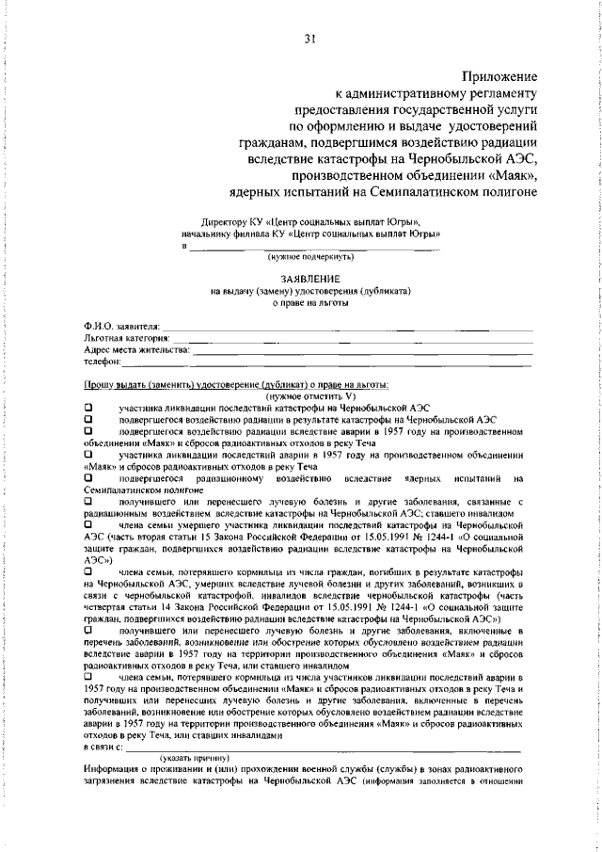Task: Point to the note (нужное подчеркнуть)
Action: click(309, 256)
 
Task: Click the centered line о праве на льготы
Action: click(309, 302)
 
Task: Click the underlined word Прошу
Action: click(96, 384)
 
